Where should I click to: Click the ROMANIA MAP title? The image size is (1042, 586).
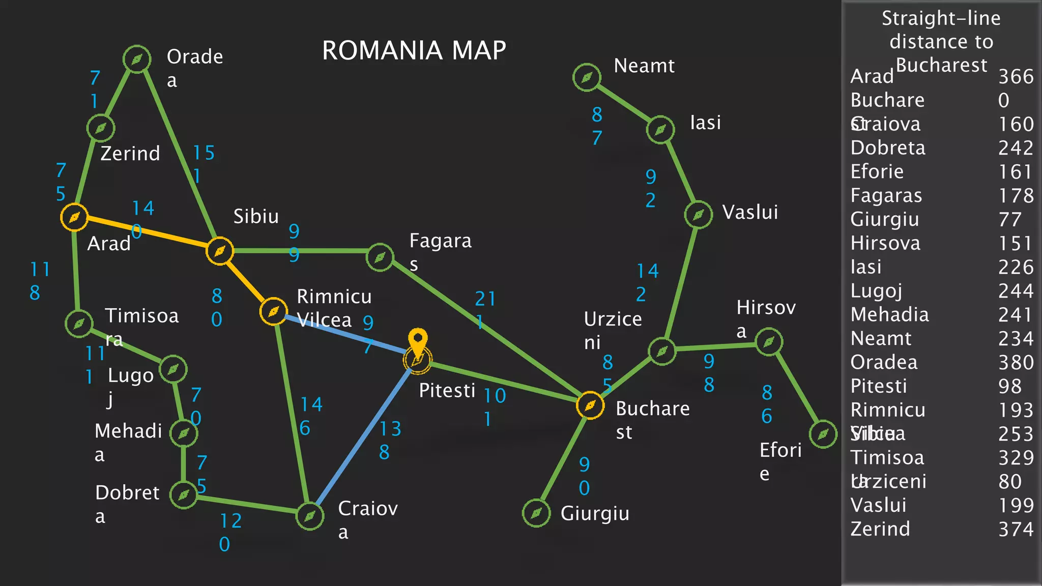pos(414,50)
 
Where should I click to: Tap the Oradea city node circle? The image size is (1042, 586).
pos(137,60)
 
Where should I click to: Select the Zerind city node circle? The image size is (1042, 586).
pos(101,128)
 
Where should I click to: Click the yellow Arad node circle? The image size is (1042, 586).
pos(74,217)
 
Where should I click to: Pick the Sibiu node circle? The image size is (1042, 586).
pos(220,251)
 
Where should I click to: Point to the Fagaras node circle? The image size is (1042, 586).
pos(380,257)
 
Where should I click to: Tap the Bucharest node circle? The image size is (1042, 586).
pos(590,405)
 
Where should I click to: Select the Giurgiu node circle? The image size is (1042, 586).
pos(536,513)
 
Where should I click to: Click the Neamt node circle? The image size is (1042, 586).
pos(587,77)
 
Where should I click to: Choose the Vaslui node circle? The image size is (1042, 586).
pos(698,215)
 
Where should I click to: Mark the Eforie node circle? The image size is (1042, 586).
pos(823,434)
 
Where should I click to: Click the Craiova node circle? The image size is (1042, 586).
pos(309,516)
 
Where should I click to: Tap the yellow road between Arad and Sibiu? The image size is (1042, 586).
pos(148,234)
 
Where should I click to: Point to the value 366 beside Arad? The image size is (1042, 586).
pos(1016,77)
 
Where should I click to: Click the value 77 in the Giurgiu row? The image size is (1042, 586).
pos(1009,220)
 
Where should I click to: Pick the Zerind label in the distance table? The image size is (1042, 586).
pos(880,529)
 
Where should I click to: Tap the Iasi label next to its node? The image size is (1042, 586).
pos(705,123)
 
